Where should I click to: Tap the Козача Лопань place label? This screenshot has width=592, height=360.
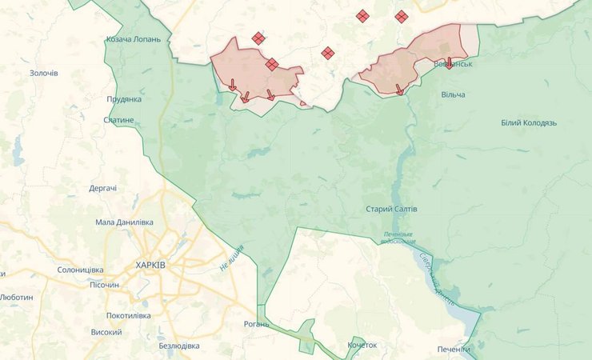pyautogui.click(x=134, y=39)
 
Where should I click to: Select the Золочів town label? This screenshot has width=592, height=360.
pyautogui.click(x=44, y=74)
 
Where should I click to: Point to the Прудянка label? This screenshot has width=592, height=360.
pyautogui.click(x=124, y=99)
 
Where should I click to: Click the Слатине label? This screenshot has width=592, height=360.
pyautogui.click(x=119, y=120)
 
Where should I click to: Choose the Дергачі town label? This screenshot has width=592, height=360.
pyautogui.click(x=103, y=188)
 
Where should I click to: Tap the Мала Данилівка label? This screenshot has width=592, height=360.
pyautogui.click(x=124, y=222)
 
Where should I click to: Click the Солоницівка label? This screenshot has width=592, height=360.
pyautogui.click(x=82, y=270)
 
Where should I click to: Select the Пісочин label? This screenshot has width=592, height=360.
pyautogui.click(x=104, y=285)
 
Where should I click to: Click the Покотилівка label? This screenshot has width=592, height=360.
pyautogui.click(x=128, y=316)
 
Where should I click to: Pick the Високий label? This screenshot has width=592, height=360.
pyautogui.click(x=106, y=332)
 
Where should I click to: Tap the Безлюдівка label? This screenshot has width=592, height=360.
pyautogui.click(x=179, y=346)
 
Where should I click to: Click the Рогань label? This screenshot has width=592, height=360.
pyautogui.click(x=258, y=325)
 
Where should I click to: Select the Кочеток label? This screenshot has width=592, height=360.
pyautogui.click(x=362, y=345)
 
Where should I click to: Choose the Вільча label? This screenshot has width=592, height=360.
pyautogui.click(x=453, y=94)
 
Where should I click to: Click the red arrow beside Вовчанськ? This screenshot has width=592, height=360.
pyautogui.click(x=449, y=62)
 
